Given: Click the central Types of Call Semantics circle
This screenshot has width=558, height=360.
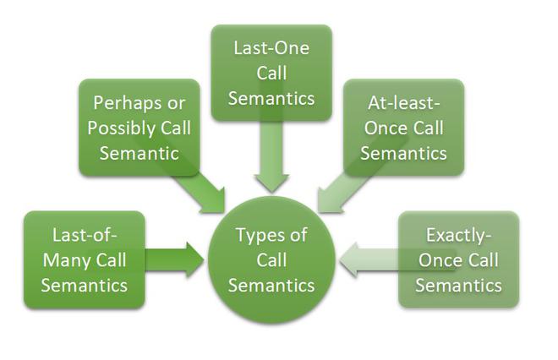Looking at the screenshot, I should click(x=271, y=259).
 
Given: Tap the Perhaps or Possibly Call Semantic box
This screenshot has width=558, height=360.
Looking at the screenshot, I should click(x=139, y=128).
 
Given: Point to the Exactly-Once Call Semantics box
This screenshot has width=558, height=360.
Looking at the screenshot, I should click(x=458, y=259).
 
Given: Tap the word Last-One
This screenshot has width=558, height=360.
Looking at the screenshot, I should click(x=271, y=48).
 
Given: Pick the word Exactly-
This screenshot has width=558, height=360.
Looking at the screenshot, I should click(x=458, y=235).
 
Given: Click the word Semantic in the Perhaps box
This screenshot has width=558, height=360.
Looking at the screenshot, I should click(x=139, y=153).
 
